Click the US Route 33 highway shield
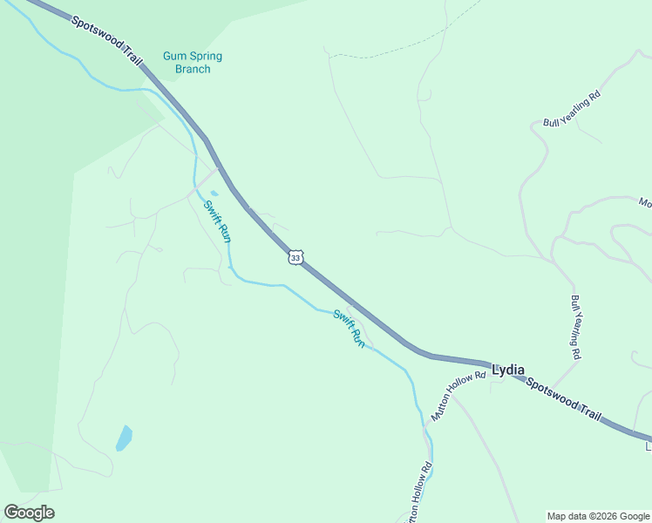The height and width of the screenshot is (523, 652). click(296, 258)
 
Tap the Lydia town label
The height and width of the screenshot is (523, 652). click(508, 370)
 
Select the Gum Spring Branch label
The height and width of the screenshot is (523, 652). click(193, 63)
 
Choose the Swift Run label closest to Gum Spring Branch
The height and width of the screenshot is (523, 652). click(217, 221)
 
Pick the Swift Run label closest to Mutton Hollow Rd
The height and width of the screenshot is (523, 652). click(349, 329)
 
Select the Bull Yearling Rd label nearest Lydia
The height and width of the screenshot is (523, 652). click(576, 328)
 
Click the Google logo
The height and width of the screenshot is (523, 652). click(29, 513)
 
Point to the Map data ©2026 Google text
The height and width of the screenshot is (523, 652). click(598, 516)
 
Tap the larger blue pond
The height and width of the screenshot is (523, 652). click(125, 438)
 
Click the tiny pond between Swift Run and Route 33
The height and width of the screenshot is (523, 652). click(214, 194)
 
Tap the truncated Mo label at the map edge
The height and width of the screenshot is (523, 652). click(645, 203)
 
